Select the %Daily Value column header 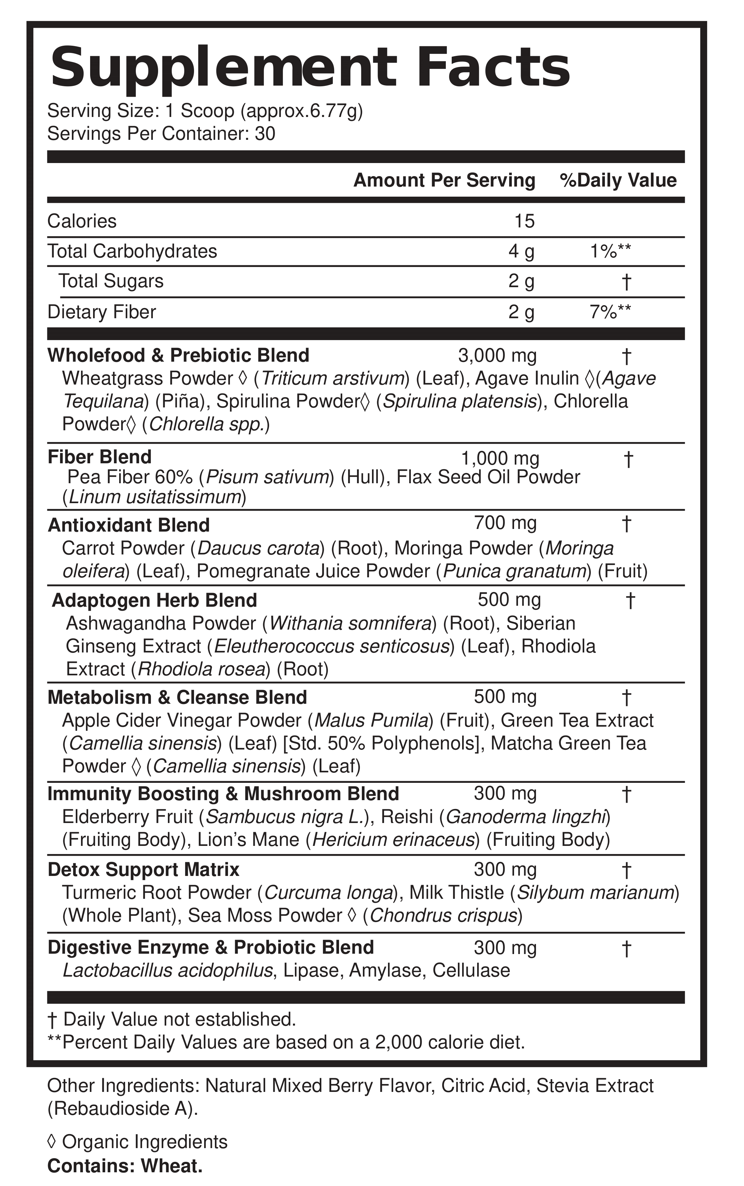618,181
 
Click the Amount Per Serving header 444,181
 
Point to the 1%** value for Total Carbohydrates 610,252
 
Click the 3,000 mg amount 497,355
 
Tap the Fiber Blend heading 99,457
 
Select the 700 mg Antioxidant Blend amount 505,523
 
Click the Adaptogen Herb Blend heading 154,601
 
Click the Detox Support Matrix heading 143,869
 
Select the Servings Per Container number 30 265,134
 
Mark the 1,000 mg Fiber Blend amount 500,459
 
